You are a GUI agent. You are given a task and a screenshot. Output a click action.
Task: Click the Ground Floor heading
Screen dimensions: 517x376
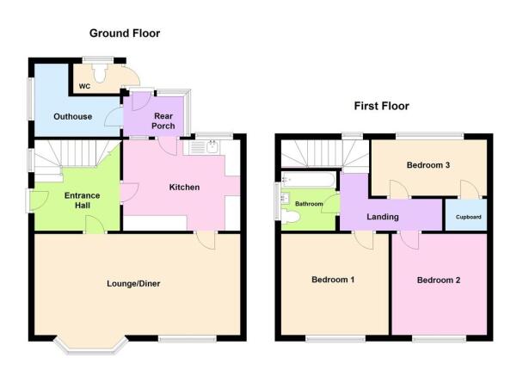point(125,34)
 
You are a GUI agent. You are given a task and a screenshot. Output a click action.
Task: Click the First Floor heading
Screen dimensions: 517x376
point(381,106)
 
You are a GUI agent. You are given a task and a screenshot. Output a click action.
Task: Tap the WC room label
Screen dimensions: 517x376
point(84,86)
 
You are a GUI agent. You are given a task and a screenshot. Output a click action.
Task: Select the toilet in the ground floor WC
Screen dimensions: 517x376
point(100,73)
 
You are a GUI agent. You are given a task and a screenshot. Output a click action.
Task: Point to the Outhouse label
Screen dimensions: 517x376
point(72,116)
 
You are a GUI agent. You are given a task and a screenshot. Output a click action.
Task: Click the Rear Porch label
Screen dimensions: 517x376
point(163,120)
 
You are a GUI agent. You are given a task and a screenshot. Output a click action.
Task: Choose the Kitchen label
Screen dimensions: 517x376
point(184,188)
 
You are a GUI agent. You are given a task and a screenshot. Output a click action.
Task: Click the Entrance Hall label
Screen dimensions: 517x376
point(82,200)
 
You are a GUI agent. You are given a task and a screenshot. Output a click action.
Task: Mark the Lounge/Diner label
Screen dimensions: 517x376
point(133,284)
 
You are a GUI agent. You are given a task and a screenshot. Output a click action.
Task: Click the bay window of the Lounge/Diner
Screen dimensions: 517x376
point(90,346)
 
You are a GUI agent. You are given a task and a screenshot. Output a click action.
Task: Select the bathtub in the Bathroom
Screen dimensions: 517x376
point(308,180)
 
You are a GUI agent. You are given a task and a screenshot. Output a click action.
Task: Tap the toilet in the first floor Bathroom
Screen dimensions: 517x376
point(291,218)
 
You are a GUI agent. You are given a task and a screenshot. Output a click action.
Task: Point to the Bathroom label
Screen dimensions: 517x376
point(309,204)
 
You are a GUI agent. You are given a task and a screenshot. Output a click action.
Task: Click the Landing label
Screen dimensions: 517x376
point(383,217)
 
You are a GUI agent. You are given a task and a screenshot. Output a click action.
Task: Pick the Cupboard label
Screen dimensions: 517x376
point(468,217)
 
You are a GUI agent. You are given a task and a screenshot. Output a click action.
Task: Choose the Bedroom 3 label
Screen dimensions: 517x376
point(428,165)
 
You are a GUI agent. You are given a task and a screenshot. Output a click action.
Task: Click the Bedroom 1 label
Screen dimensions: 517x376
point(333,280)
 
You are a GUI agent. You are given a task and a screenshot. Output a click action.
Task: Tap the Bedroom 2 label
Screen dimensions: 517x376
point(439,280)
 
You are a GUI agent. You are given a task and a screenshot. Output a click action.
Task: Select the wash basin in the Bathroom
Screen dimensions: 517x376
point(286,198)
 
